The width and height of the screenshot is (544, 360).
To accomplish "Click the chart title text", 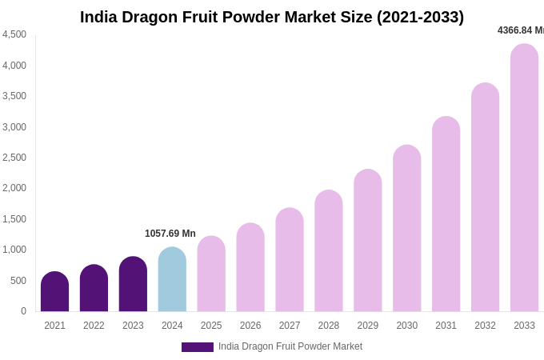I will click(x=272, y=17).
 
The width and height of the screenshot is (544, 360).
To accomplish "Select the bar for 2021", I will click(x=54, y=292).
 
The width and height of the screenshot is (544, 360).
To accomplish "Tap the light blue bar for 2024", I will click(x=172, y=280).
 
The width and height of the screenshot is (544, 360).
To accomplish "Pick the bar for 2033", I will click(x=524, y=178).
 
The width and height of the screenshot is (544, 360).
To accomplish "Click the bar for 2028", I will click(x=328, y=251).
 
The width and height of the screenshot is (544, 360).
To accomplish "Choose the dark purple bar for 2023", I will click(x=133, y=285).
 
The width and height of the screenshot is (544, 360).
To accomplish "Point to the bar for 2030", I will click(x=406, y=229).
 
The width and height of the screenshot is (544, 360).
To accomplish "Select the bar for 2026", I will click(x=250, y=268).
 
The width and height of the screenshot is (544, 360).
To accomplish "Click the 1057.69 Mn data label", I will click(x=170, y=234).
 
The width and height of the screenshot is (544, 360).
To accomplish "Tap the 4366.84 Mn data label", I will click(x=520, y=30).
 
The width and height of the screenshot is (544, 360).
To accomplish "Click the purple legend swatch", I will click(x=198, y=347).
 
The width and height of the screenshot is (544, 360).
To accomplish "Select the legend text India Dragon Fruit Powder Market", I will click(x=290, y=346).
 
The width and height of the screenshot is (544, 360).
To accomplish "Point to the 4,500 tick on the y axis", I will click(x=14, y=34).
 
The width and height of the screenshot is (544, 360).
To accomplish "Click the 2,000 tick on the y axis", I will click(x=14, y=188).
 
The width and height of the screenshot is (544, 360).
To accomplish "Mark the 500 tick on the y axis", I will click(x=18, y=281).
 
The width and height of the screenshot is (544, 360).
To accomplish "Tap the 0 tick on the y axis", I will click(x=23, y=311).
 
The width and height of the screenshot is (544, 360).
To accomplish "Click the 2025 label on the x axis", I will click(x=211, y=326).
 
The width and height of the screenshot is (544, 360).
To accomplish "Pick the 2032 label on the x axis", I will click(x=485, y=326).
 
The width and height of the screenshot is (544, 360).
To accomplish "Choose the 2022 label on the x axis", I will click(x=94, y=326).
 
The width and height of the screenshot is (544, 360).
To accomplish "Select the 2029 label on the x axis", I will click(x=367, y=326).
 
